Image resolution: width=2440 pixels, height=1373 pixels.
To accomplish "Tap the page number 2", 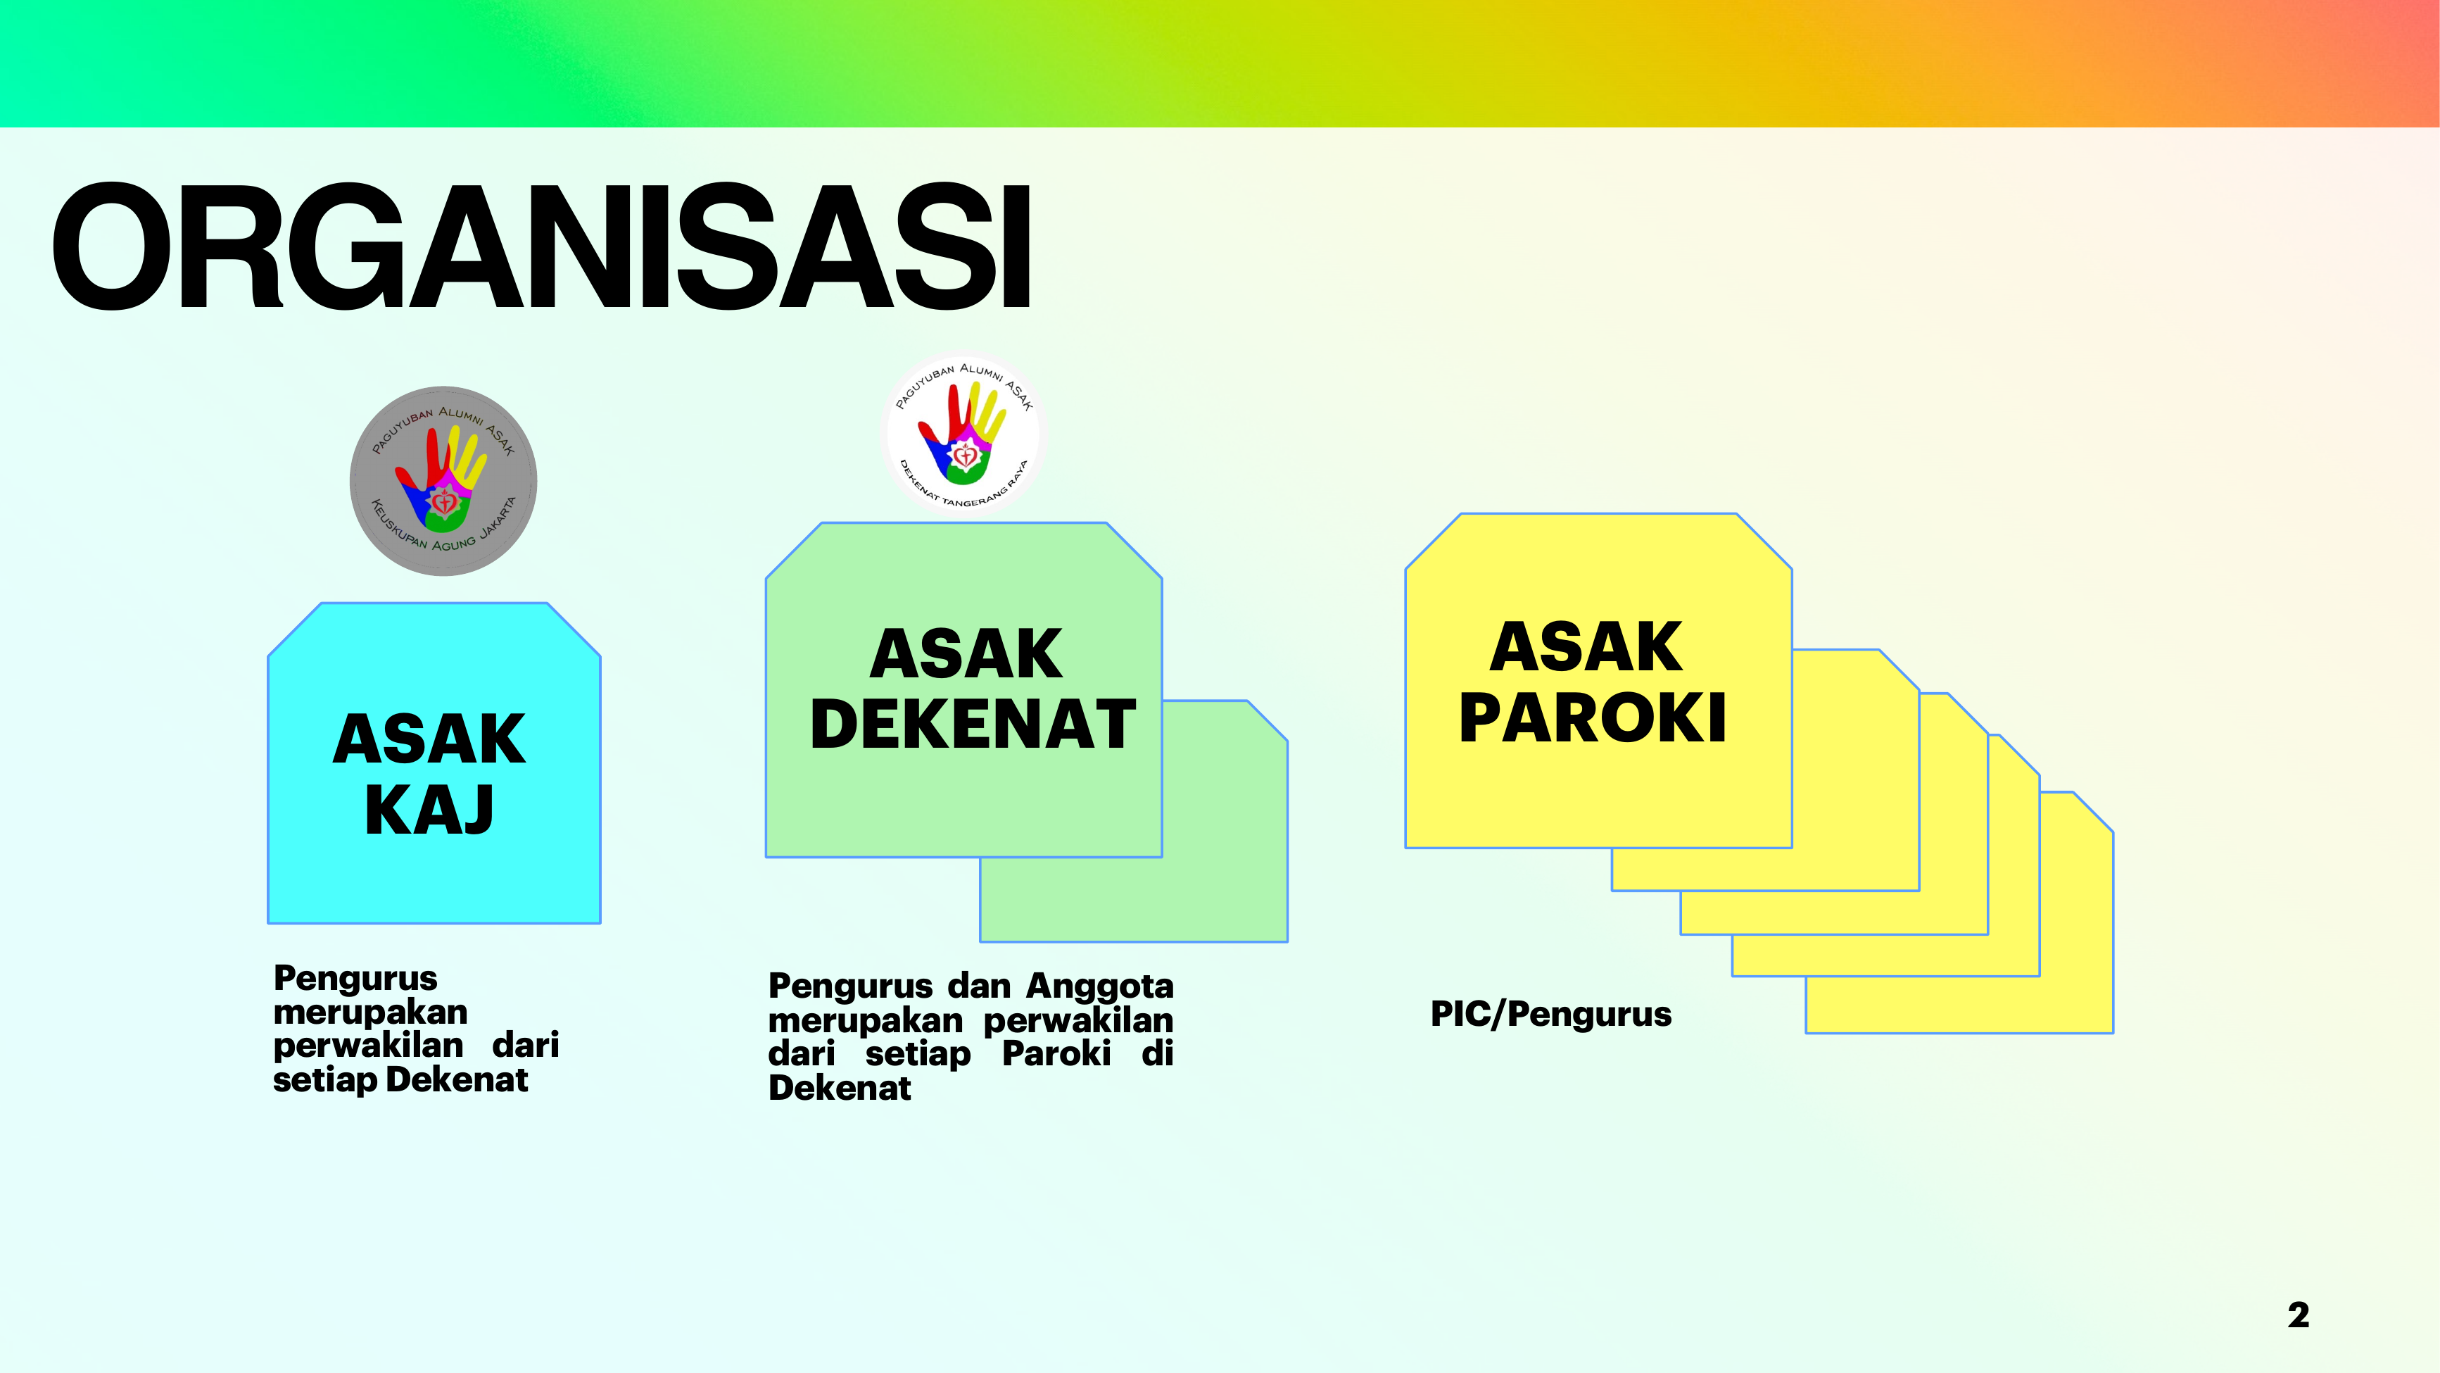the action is [2298, 1315].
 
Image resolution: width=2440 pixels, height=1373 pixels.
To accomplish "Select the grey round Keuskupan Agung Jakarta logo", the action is [443, 482].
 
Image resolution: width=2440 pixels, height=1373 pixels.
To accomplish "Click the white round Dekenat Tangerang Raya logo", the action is [962, 435].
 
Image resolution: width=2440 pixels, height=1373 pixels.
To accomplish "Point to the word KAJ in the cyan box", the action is [429, 810].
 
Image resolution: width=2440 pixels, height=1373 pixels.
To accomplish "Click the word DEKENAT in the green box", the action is [973, 725].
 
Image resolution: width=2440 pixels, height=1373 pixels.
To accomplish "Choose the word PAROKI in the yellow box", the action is [1592, 717].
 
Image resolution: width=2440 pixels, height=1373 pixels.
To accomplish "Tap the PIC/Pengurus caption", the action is [1550, 1014].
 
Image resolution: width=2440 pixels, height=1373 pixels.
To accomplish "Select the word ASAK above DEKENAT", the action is [966, 654].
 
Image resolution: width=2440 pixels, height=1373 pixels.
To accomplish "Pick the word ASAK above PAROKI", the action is [1586, 647].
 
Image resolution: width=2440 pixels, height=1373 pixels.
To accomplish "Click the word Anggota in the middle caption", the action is [1100, 987].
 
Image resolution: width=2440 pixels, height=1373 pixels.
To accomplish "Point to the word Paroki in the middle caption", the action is [1056, 1053].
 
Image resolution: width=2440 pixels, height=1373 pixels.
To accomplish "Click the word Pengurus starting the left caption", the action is [355, 979].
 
